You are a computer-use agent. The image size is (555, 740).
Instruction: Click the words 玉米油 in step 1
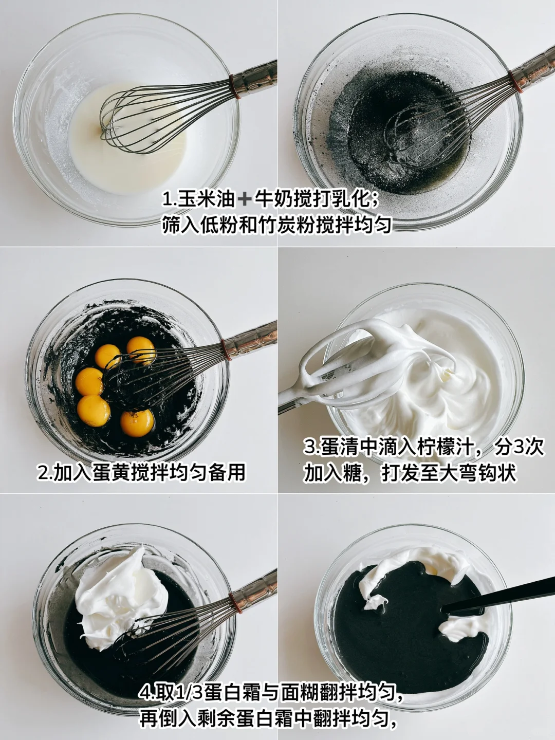point(206,198)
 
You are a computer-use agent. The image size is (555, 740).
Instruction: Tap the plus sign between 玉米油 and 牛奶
point(244,199)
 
